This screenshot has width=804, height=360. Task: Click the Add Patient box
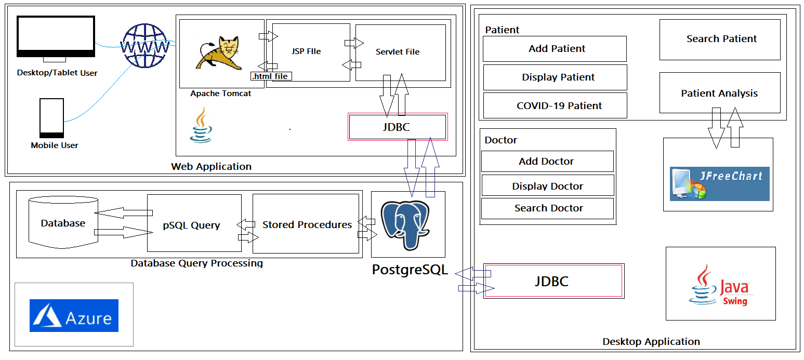click(x=555, y=49)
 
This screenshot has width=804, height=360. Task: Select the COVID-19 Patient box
click(x=555, y=105)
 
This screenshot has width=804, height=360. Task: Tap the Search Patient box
click(x=720, y=39)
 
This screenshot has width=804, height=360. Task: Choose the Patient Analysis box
click(x=720, y=93)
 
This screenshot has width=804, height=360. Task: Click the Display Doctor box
click(x=547, y=185)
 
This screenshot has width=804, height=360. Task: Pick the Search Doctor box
click(x=547, y=208)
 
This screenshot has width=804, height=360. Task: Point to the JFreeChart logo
click(x=719, y=184)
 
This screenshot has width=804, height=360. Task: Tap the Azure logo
click(x=74, y=315)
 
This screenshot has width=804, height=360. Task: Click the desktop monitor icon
click(x=56, y=38)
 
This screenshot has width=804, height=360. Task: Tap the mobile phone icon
click(x=52, y=118)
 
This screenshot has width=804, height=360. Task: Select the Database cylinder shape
click(x=63, y=222)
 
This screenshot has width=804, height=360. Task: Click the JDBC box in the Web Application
click(x=397, y=127)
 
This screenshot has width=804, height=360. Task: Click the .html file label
click(x=271, y=76)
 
